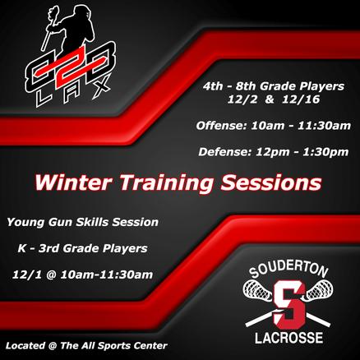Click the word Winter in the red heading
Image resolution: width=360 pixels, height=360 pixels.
click(x=73, y=182)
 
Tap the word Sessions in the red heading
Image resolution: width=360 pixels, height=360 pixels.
click(x=271, y=182)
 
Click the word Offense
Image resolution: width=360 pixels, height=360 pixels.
click(x=219, y=126)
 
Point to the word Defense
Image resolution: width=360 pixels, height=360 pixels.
click(x=224, y=152)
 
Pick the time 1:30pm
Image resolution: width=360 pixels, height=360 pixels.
click(x=325, y=152)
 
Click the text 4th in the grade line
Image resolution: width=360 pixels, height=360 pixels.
click(x=213, y=86)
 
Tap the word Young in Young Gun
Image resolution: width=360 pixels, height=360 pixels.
click(x=25, y=222)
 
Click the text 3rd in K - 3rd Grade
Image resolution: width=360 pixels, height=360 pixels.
click(x=48, y=248)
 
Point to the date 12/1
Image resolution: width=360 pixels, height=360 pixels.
click(x=27, y=275)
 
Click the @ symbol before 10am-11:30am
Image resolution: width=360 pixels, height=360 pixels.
click(x=51, y=275)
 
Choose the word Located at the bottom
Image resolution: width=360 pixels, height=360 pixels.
click(x=25, y=346)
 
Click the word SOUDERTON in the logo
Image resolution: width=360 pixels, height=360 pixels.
click(x=288, y=270)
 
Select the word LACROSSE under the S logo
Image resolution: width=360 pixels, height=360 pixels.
click(x=288, y=337)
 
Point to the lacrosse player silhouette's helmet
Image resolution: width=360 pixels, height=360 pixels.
click(x=84, y=12)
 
